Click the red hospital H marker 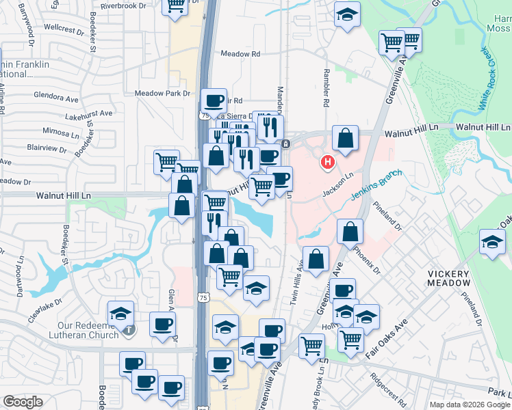pyautogui.click(x=328, y=162)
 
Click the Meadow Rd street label pyautogui.click(x=240, y=54)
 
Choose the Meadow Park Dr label pyautogui.click(x=162, y=93)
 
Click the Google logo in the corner pyautogui.click(x=23, y=402)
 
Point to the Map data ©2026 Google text pyautogui.click(x=470, y=405)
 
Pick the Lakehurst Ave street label pyautogui.click(x=88, y=113)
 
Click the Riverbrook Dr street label pyautogui.click(x=123, y=5)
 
